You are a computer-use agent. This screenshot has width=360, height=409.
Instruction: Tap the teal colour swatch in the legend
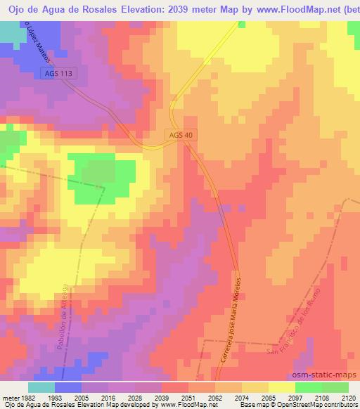(41, 387)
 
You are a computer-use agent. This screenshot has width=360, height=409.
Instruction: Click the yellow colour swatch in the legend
(281, 387)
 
